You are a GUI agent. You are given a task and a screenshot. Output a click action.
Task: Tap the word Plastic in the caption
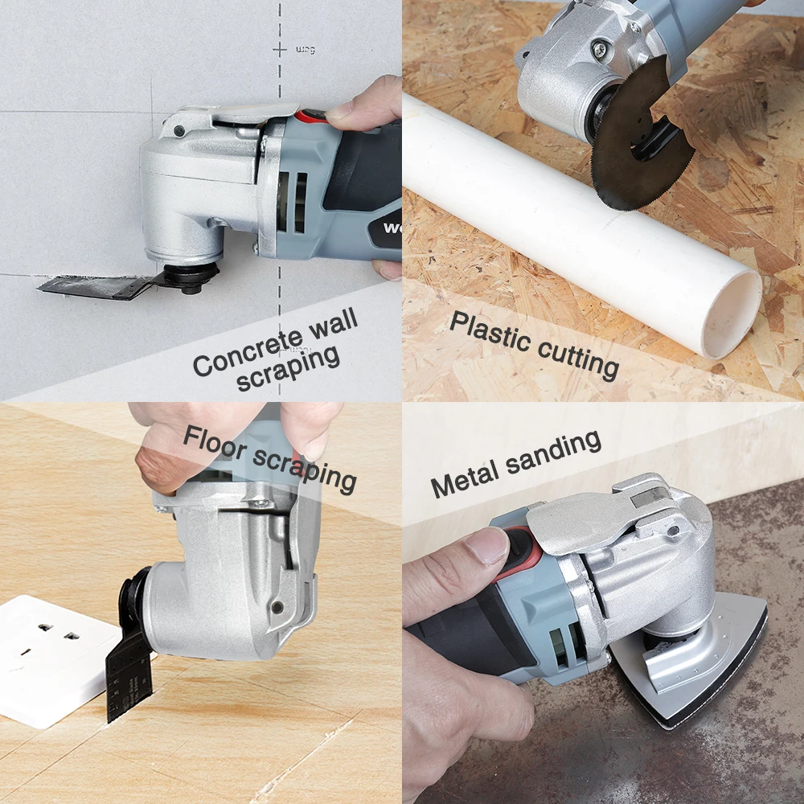(x=489, y=330)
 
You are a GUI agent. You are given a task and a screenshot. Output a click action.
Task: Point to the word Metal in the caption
(x=464, y=478)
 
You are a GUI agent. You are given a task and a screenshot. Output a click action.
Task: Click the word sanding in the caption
(x=554, y=452)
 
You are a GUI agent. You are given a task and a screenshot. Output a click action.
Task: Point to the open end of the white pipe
(x=731, y=316)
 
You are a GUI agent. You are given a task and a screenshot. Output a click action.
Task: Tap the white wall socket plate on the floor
(x=54, y=662)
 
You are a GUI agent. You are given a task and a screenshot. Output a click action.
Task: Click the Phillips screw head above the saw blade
(x=598, y=49)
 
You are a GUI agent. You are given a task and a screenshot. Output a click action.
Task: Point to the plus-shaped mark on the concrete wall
(x=280, y=50)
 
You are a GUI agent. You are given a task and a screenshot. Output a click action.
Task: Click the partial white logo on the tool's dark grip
(x=392, y=228)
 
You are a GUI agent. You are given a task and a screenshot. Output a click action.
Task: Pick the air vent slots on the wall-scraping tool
(x=293, y=202)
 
